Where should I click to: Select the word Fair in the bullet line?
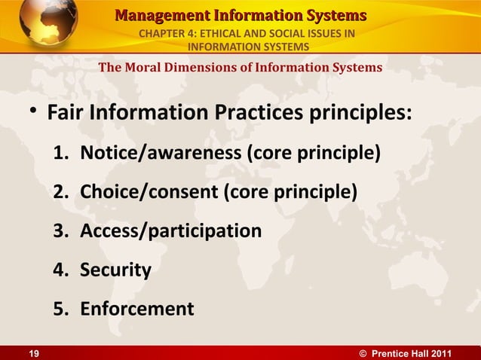tap(66, 114)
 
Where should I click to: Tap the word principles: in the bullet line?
tap(364, 114)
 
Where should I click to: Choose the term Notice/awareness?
tap(161, 154)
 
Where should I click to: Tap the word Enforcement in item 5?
tap(136, 309)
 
